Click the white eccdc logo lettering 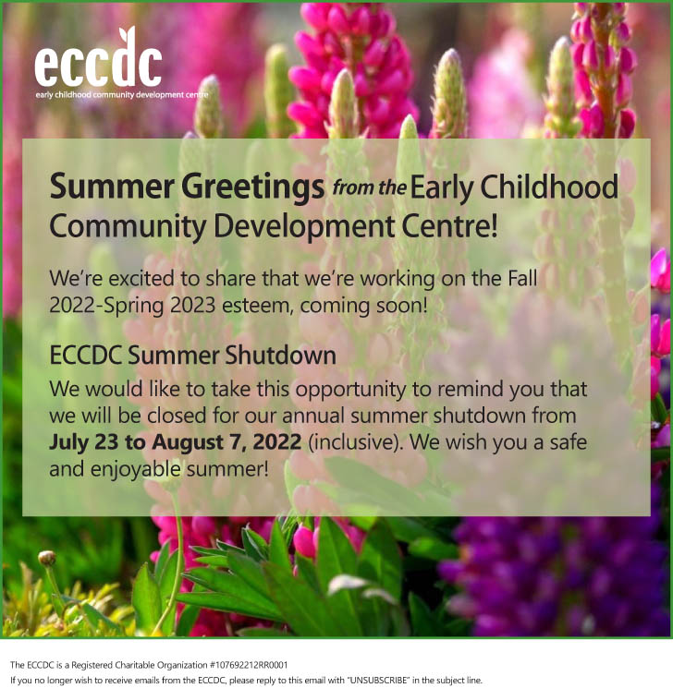(x=98, y=60)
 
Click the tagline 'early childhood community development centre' (x=121, y=94)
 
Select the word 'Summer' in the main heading (x=112, y=187)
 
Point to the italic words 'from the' (x=369, y=187)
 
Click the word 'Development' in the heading (x=304, y=227)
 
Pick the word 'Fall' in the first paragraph (x=522, y=278)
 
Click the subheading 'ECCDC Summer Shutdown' (x=192, y=356)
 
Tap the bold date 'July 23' (x=83, y=442)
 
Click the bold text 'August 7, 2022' (x=226, y=442)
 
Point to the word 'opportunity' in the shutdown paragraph (x=350, y=390)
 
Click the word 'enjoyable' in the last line (x=135, y=470)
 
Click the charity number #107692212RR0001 (x=249, y=665)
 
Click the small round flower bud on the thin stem (x=47, y=558)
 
